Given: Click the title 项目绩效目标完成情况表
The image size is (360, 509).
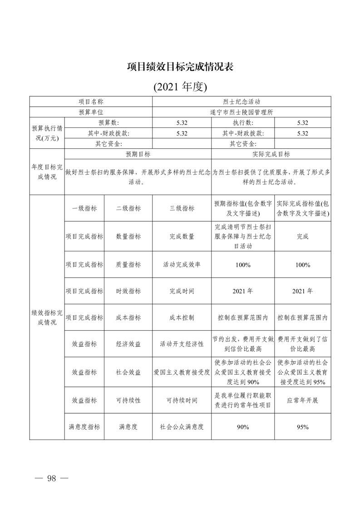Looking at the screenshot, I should (180, 67).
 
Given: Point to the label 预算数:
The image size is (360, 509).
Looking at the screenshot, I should (108, 123).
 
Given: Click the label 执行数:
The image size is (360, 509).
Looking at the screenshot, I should (243, 123).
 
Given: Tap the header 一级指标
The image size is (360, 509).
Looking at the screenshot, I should (84, 208).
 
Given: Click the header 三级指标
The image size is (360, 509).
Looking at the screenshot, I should (182, 208).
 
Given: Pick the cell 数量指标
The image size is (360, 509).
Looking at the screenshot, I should (128, 236).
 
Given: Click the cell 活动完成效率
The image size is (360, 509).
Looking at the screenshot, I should (182, 264).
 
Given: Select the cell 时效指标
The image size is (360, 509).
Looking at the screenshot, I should (128, 291).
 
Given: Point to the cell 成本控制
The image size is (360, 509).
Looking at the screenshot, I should (182, 318).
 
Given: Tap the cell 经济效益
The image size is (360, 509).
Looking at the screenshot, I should (128, 344).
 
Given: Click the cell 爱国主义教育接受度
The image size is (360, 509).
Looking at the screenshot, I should (182, 372).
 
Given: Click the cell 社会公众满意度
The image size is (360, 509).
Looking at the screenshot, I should (182, 426).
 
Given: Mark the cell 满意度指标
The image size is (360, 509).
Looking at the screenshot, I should (84, 426).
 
